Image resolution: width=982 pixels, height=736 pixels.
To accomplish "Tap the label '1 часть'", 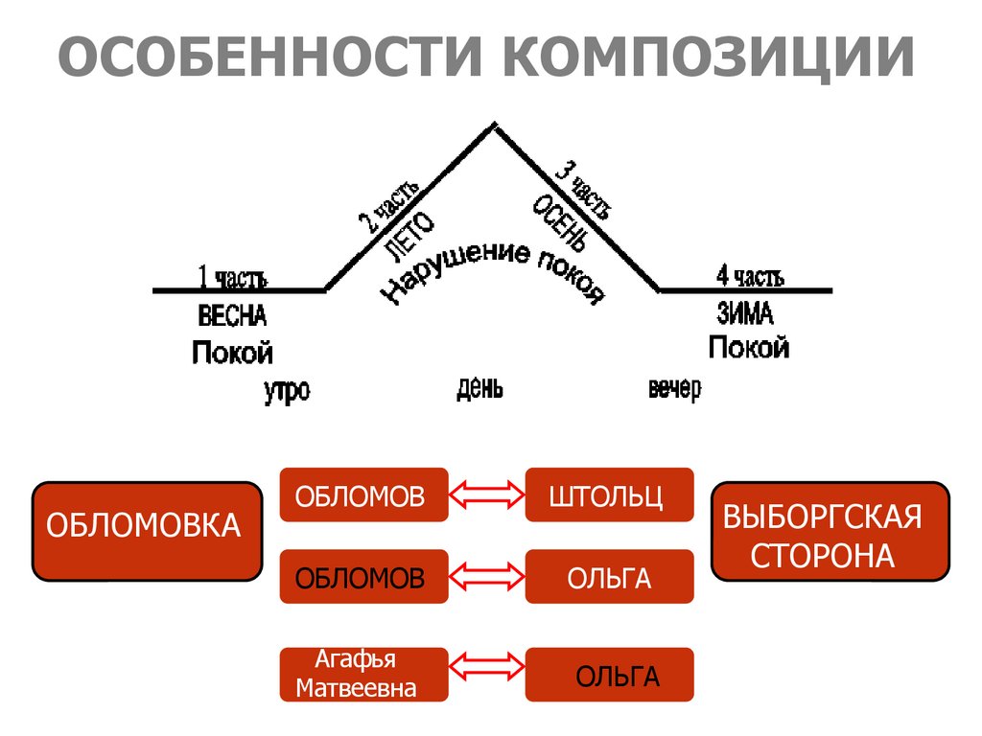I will point(232,278).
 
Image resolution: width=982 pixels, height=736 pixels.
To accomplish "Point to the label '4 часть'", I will point(749,277).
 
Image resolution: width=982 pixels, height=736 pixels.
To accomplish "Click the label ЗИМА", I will point(744,313).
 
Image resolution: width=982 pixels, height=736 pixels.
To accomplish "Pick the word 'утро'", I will point(287,391).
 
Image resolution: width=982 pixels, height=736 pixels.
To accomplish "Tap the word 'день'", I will point(479,388).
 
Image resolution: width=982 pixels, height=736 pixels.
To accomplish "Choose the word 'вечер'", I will point(674,389).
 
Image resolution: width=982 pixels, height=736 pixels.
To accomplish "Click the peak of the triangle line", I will point(494,125).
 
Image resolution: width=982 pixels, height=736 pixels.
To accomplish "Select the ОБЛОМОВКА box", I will point(147,531).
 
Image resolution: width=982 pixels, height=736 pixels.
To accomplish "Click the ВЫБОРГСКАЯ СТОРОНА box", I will point(830,531).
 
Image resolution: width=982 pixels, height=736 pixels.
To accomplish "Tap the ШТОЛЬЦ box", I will point(609,494).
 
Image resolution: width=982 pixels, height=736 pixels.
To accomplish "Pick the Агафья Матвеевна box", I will point(363,674).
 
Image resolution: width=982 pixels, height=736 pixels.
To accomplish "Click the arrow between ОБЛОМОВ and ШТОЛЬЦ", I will point(487,494).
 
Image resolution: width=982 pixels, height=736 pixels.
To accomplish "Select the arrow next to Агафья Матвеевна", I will point(487,674).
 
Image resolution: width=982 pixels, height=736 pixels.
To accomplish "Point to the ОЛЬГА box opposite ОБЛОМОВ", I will point(609,577).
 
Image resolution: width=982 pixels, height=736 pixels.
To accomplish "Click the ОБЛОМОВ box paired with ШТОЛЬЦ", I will point(363,494).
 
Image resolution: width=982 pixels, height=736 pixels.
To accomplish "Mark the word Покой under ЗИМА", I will point(749,346).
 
